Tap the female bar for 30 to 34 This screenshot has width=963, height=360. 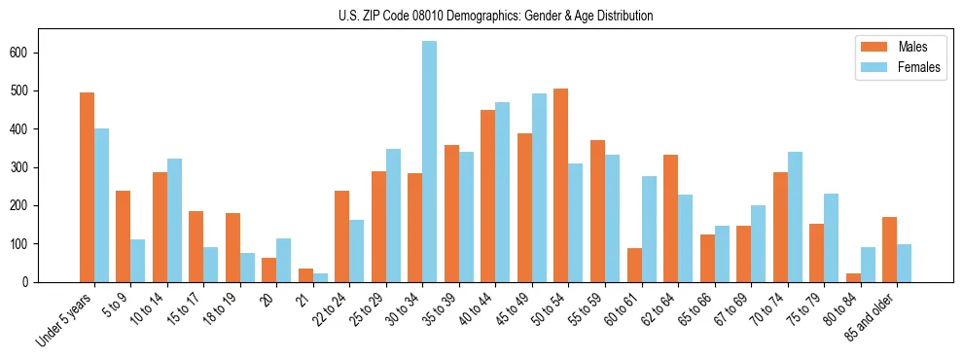(430, 162)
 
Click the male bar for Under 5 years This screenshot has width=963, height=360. (87, 187)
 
